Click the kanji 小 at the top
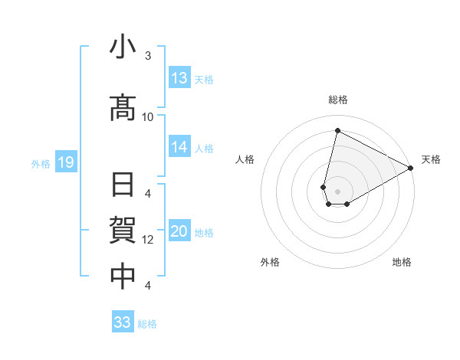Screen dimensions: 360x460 click(123, 48)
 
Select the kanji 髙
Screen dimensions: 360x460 click(123, 108)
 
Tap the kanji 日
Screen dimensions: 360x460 click(123, 187)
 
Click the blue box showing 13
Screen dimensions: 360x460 click(179, 78)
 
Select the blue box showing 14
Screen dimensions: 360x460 click(179, 147)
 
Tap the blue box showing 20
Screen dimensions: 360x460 click(179, 232)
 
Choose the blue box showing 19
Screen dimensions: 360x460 click(65, 162)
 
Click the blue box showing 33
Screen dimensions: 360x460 click(123, 322)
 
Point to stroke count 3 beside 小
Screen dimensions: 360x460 click(148, 56)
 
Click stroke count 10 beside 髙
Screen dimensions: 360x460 click(148, 116)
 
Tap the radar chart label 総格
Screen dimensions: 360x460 click(338, 100)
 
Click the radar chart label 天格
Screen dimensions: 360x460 click(431, 159)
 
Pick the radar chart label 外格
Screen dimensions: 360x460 click(270, 262)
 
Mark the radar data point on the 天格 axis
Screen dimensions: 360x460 click(411, 169)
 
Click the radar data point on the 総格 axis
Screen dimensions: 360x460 click(337, 130)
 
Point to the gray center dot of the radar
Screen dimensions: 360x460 click(338, 191)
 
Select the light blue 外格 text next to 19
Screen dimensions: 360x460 click(40, 163)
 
